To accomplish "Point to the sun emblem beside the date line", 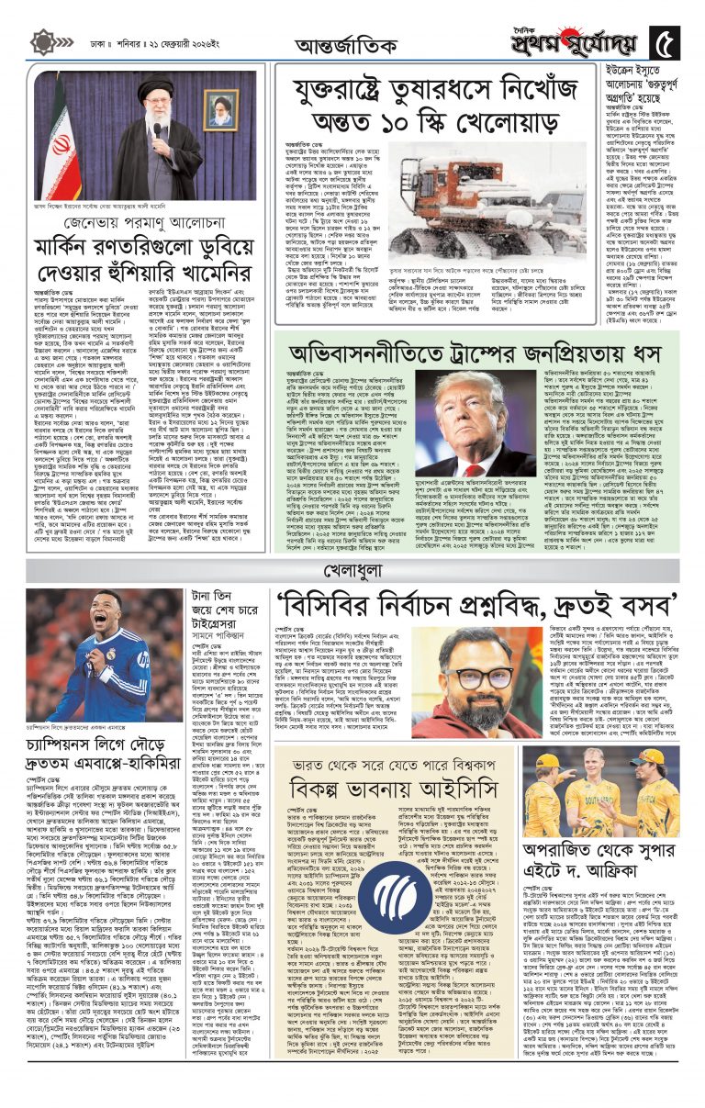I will click(42, 42).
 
